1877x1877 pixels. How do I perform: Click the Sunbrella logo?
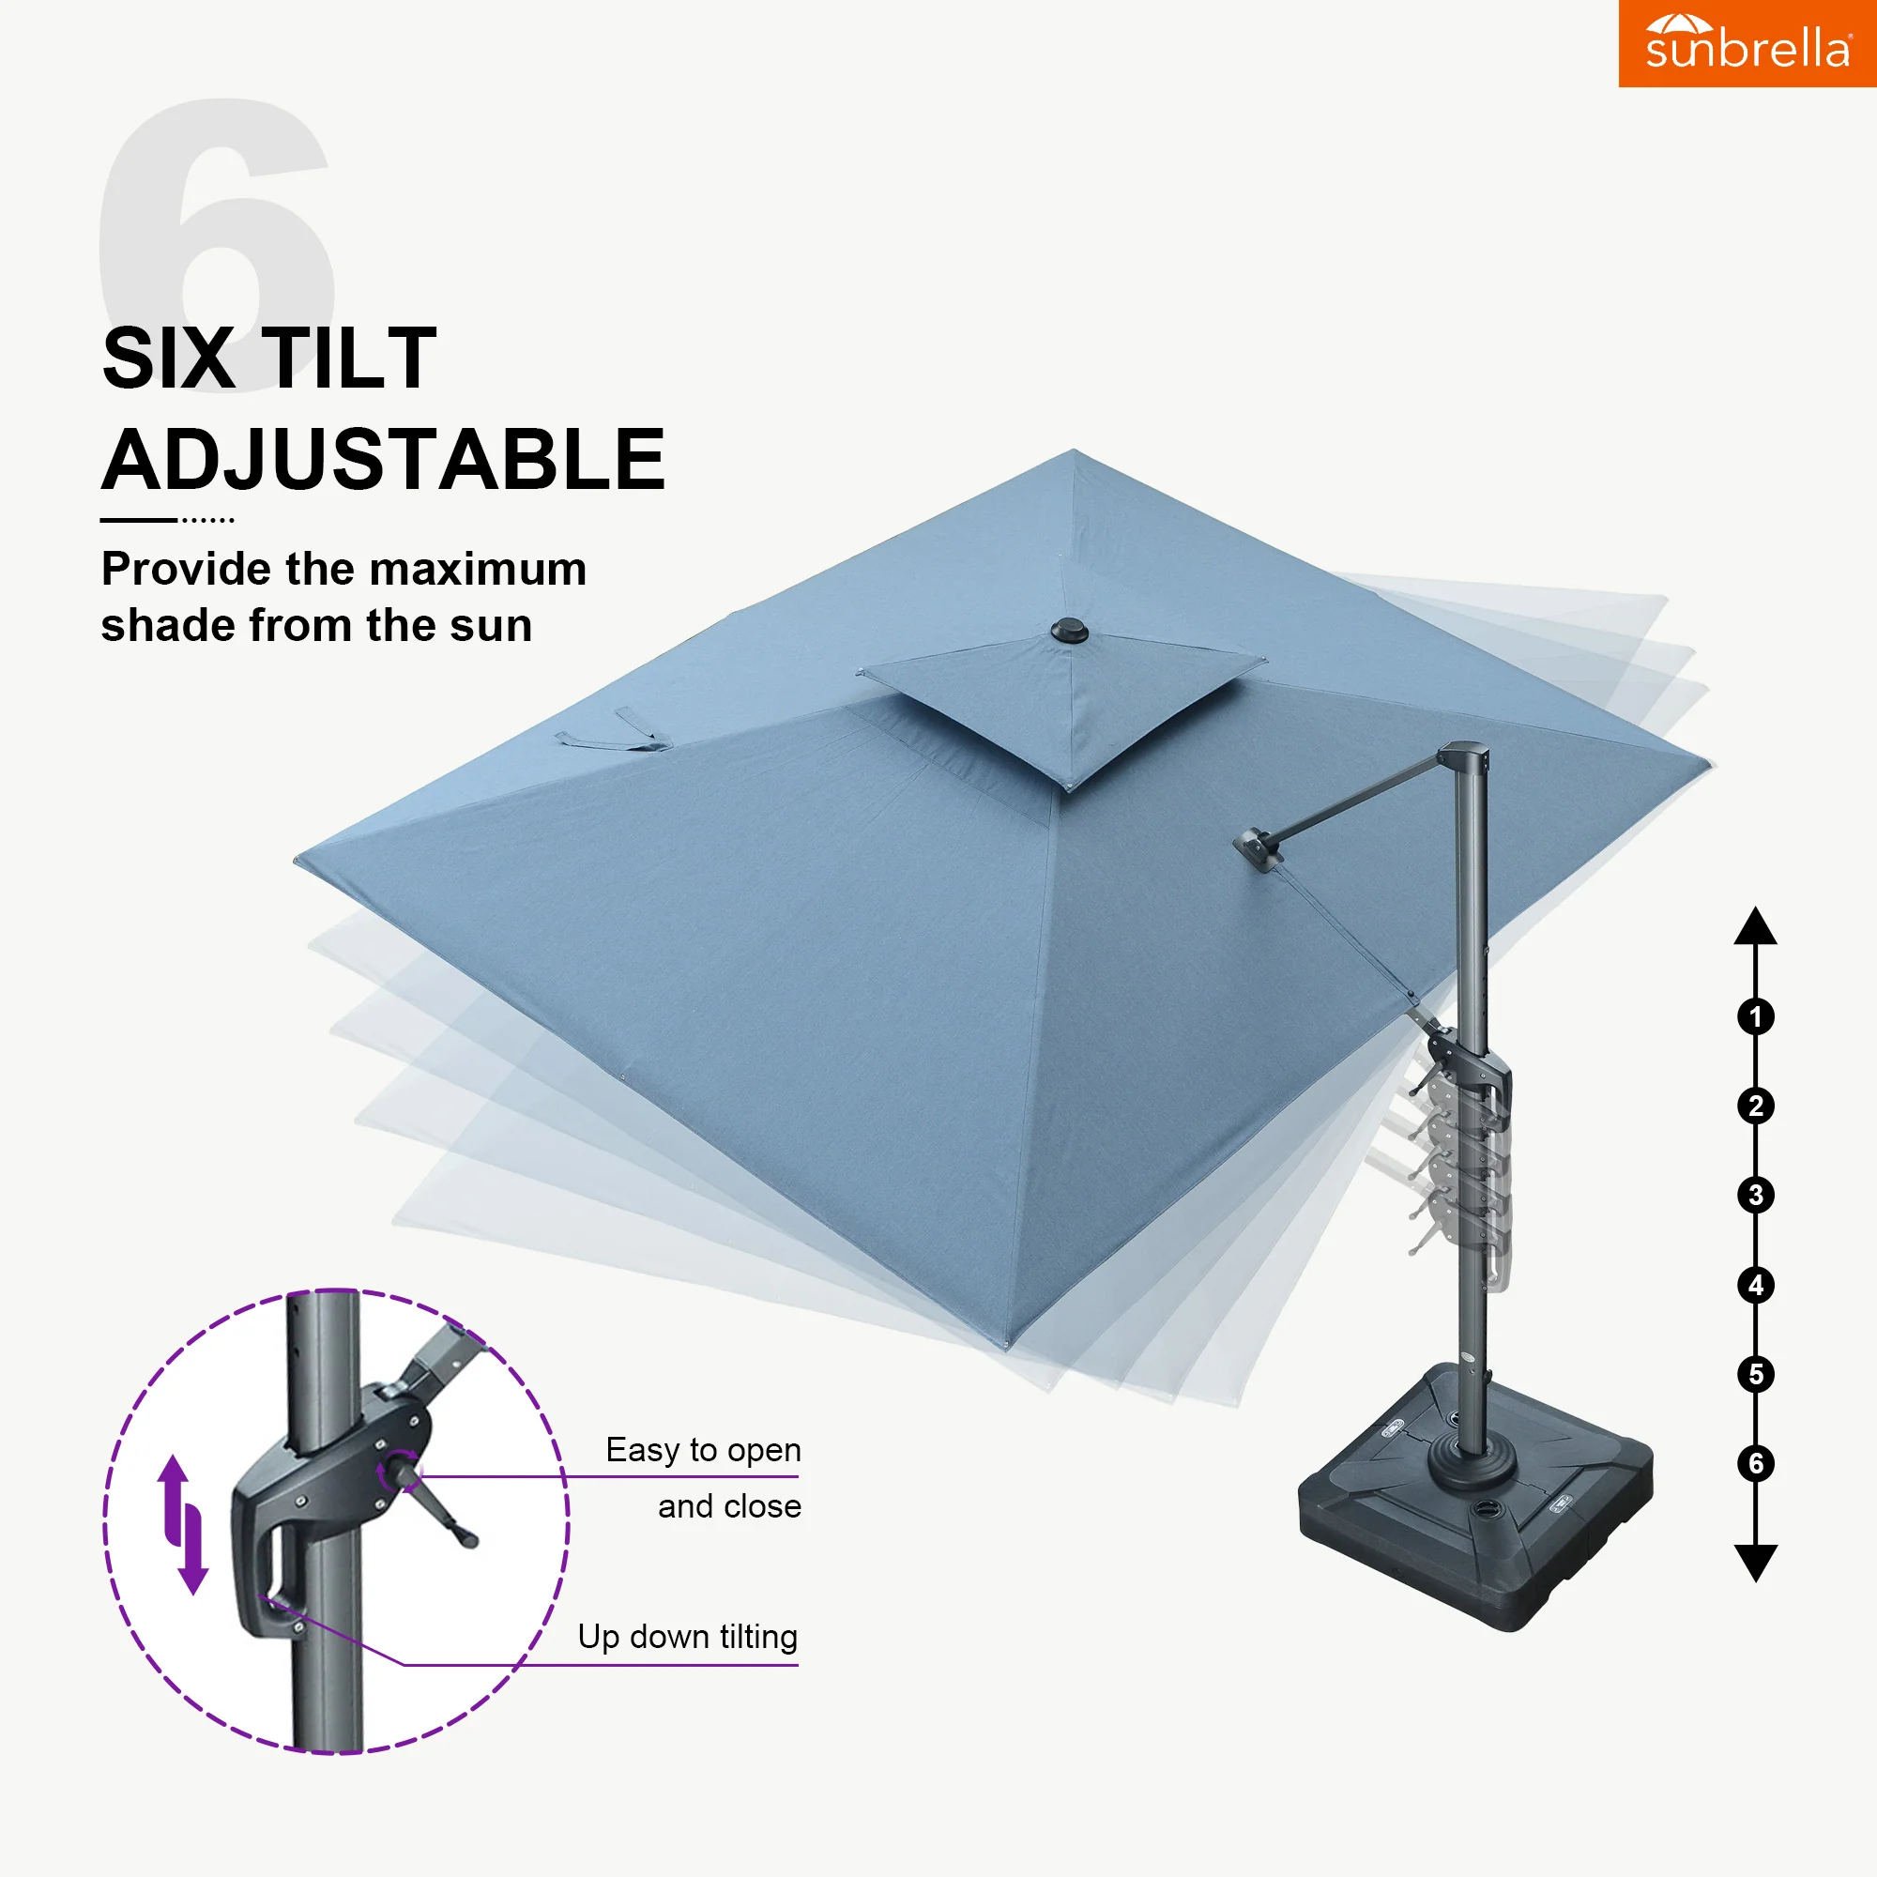pyautogui.click(x=1747, y=44)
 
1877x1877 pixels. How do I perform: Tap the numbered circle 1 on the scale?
pyautogui.click(x=1756, y=1017)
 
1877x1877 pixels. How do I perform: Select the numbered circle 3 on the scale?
pyautogui.click(x=1756, y=1195)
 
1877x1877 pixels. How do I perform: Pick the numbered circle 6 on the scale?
pyautogui.click(x=1756, y=1463)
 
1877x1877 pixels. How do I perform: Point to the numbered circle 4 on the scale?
pyautogui.click(x=1756, y=1286)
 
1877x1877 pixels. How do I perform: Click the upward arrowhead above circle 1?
pyautogui.click(x=1756, y=926)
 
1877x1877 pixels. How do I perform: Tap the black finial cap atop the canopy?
pyautogui.click(x=1070, y=632)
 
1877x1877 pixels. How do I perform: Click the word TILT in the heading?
pyautogui.click(x=350, y=359)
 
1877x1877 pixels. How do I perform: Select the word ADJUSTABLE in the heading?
pyautogui.click(x=384, y=460)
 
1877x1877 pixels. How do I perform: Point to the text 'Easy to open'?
pyautogui.click(x=703, y=1450)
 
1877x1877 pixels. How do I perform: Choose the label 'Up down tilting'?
pyautogui.click(x=688, y=1637)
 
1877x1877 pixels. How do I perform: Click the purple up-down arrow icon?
pyautogui.click(x=184, y=1524)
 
